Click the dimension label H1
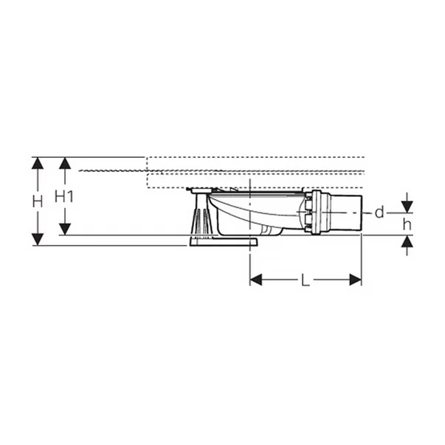tap(66, 196)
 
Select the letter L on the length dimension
tap(305, 280)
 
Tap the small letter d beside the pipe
tap(379, 213)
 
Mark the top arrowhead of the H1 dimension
tap(66, 163)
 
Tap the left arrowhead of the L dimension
tap(256, 280)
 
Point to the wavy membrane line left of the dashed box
tap(111, 170)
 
